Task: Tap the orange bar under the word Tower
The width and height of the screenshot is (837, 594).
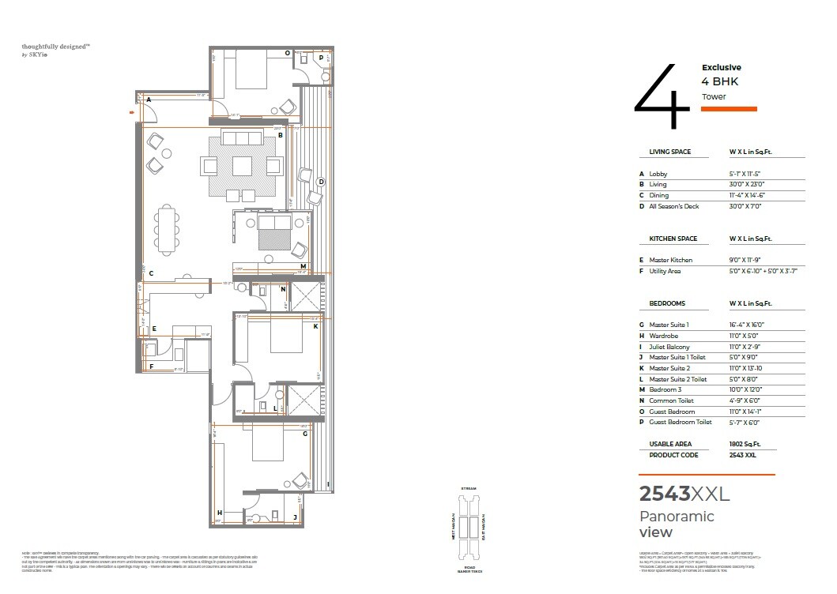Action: click(729, 109)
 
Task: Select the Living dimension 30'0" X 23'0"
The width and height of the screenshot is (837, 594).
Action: click(748, 184)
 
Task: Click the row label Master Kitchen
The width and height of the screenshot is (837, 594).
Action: click(670, 260)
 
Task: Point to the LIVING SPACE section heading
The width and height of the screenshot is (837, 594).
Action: click(669, 152)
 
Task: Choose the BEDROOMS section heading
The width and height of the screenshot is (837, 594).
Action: click(667, 303)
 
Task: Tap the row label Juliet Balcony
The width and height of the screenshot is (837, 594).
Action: click(669, 347)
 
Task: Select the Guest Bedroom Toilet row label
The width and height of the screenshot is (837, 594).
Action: click(681, 423)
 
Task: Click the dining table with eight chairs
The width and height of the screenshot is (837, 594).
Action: click(167, 229)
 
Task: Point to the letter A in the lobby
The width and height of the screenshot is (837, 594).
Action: click(149, 100)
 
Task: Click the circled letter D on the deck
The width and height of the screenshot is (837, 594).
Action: click(320, 182)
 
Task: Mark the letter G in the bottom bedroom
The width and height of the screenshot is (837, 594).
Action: click(304, 433)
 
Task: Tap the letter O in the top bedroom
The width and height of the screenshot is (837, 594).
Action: click(287, 54)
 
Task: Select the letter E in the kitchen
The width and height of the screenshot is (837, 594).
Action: click(154, 328)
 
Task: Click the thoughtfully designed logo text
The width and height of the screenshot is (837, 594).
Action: click(55, 47)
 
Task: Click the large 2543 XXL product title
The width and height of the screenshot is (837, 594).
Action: click(684, 494)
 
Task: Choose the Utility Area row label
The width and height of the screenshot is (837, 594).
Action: click(665, 271)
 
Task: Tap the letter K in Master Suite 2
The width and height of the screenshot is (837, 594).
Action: click(315, 325)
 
